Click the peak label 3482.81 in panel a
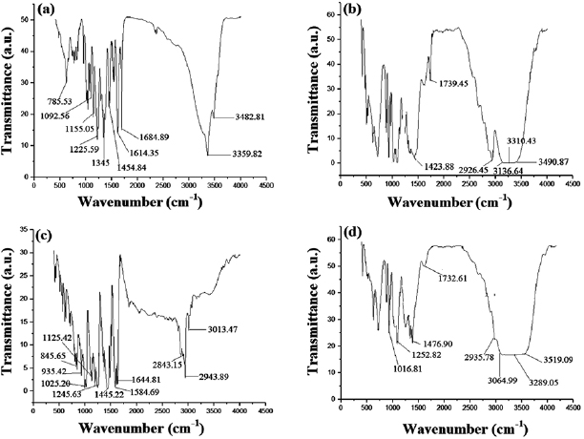click(237, 117)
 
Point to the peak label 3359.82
click(237, 152)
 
